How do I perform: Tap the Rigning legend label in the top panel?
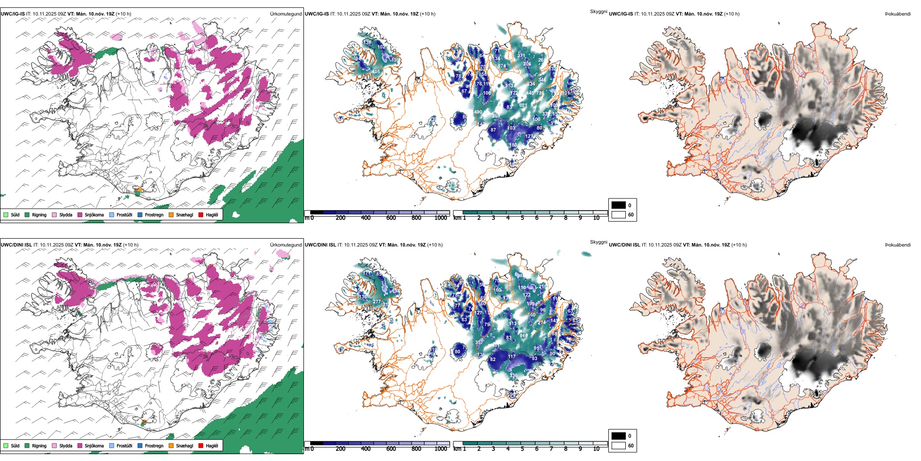pos(39,215)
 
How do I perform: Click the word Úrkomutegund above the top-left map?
pos(286,14)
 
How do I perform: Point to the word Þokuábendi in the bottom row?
pos(898,245)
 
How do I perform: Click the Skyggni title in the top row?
pos(598,12)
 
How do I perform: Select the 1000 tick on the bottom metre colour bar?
pos(441,449)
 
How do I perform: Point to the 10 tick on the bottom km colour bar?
pos(596,449)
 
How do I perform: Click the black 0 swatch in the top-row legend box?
pos(619,205)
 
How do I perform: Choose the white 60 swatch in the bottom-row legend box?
pos(619,445)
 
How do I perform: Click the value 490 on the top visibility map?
pos(478,112)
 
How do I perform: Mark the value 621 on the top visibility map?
pos(523,105)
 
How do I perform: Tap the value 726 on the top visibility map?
pos(540,93)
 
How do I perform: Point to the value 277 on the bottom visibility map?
pos(377,302)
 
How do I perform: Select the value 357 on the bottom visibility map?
pos(479,343)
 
